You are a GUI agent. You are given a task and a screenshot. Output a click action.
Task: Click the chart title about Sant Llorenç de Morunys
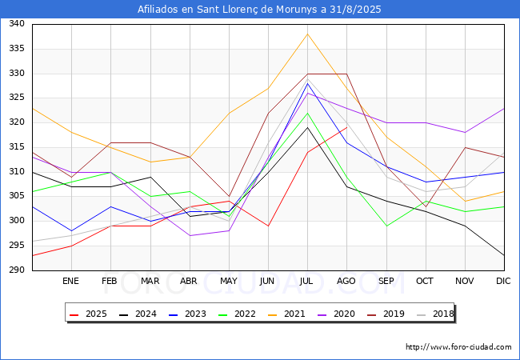click(x=259, y=10)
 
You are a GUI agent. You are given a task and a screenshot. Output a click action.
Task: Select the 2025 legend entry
click(x=88, y=314)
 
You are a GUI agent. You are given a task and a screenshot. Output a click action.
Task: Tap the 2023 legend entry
click(x=187, y=314)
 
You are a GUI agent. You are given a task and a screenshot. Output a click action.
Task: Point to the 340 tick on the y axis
click(x=17, y=23)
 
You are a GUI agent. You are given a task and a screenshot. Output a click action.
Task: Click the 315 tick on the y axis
click(x=17, y=147)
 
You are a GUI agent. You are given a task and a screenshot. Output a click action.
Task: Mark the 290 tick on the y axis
click(x=17, y=270)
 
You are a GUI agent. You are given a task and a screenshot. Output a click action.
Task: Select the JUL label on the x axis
click(x=306, y=281)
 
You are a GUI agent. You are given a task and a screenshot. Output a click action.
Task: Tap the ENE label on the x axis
click(x=70, y=281)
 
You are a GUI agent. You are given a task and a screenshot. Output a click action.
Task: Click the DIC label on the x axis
click(x=503, y=281)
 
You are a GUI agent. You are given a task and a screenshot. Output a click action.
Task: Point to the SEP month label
click(x=386, y=281)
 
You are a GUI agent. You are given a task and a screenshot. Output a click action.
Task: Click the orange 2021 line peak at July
click(x=307, y=34)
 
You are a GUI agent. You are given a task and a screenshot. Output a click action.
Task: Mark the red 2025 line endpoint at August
click(x=347, y=127)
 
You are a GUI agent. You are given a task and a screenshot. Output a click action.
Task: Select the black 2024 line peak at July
click(x=307, y=127)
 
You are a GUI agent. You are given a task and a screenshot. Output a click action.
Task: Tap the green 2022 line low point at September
click(x=386, y=226)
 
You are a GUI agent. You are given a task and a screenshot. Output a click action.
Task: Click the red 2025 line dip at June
click(x=268, y=226)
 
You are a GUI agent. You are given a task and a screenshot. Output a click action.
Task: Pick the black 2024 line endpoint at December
click(x=504, y=255)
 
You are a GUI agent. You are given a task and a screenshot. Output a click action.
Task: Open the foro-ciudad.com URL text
click(x=458, y=347)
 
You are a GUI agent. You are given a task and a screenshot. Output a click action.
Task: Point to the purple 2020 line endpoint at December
click(x=504, y=108)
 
